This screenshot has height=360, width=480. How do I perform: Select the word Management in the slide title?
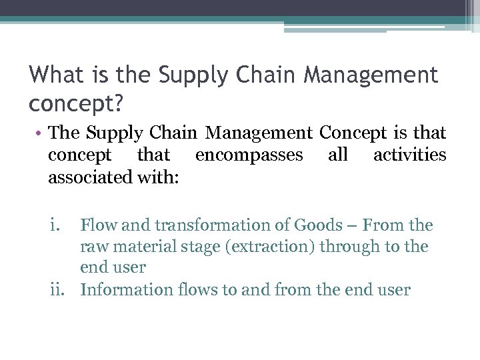click(x=371, y=75)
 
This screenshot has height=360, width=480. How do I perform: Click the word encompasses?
click(x=249, y=155)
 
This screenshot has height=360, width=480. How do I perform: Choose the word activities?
click(x=409, y=155)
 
